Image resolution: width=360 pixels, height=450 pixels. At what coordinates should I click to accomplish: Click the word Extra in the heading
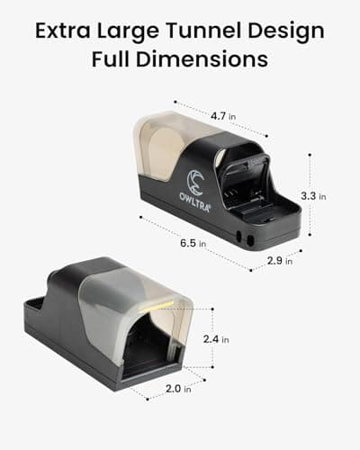point(63,31)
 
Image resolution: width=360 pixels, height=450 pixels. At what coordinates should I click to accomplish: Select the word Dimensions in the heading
point(202,58)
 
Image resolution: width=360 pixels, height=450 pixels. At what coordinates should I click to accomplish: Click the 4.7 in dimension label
point(223,116)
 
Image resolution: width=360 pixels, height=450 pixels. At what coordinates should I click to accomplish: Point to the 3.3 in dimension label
point(313,196)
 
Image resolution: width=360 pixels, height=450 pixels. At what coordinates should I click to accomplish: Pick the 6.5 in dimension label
point(193,243)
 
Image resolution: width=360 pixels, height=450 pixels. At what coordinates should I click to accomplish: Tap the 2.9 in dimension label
point(280,261)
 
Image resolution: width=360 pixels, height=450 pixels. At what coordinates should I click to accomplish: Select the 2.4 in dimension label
point(216,339)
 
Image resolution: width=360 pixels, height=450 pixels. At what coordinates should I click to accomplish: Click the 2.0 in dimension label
point(178,389)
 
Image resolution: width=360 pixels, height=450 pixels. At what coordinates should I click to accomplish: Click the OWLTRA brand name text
point(195,201)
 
